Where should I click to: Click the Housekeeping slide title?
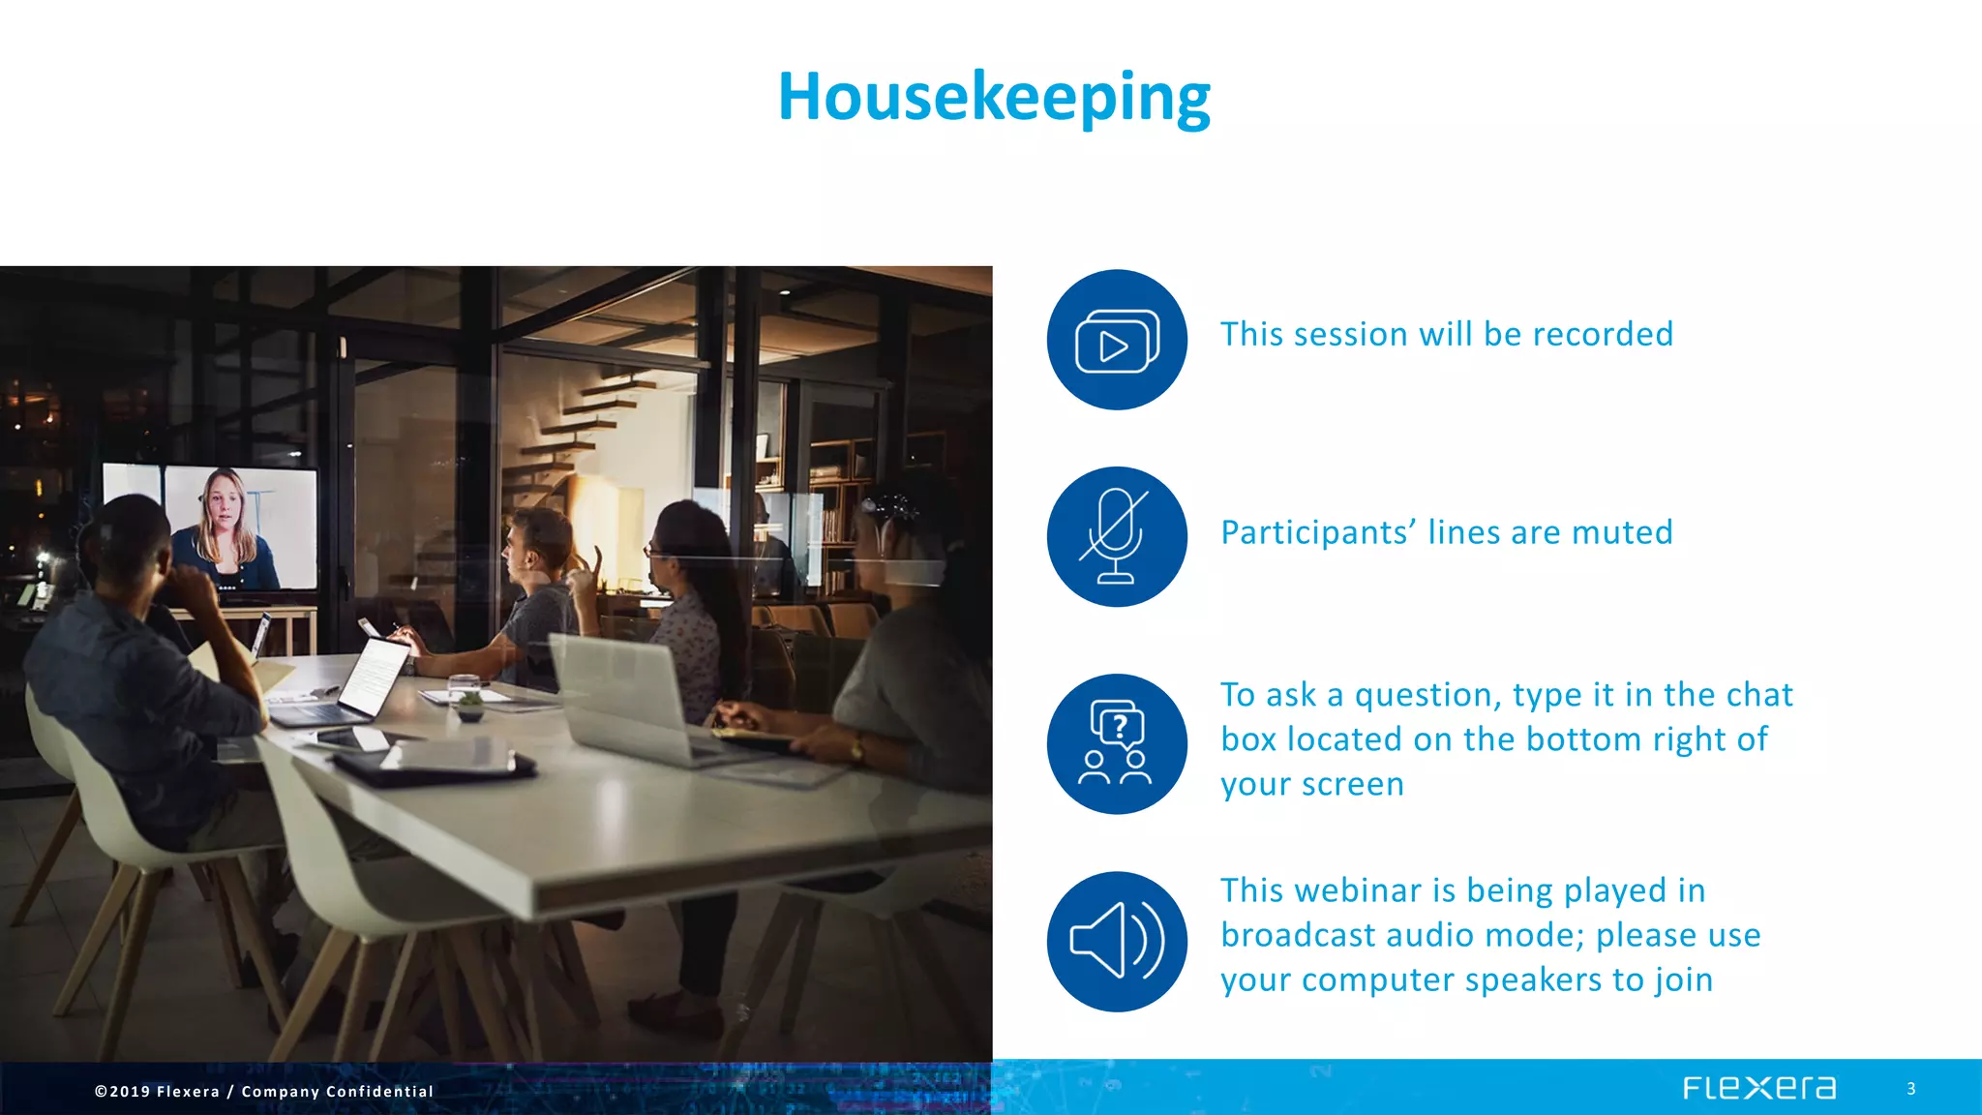point(994,97)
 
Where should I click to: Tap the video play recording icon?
point(1117,341)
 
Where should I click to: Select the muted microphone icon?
point(1116,537)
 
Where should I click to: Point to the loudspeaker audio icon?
point(1117,941)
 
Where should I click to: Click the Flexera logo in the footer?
point(1758,1088)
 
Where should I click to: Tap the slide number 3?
point(1910,1089)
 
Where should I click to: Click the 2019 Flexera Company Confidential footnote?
point(264,1091)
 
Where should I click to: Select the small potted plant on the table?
point(470,705)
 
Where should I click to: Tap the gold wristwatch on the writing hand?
point(857,747)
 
